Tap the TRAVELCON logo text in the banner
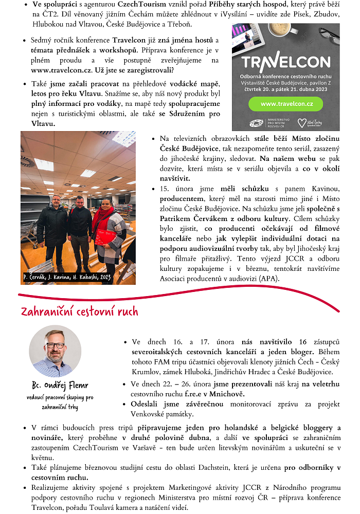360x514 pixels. [x=285, y=63]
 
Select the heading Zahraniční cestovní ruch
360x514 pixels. [x=79, y=311]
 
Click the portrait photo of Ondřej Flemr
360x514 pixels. [x=55, y=351]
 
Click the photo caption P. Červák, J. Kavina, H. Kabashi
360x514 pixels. [x=67, y=278]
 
